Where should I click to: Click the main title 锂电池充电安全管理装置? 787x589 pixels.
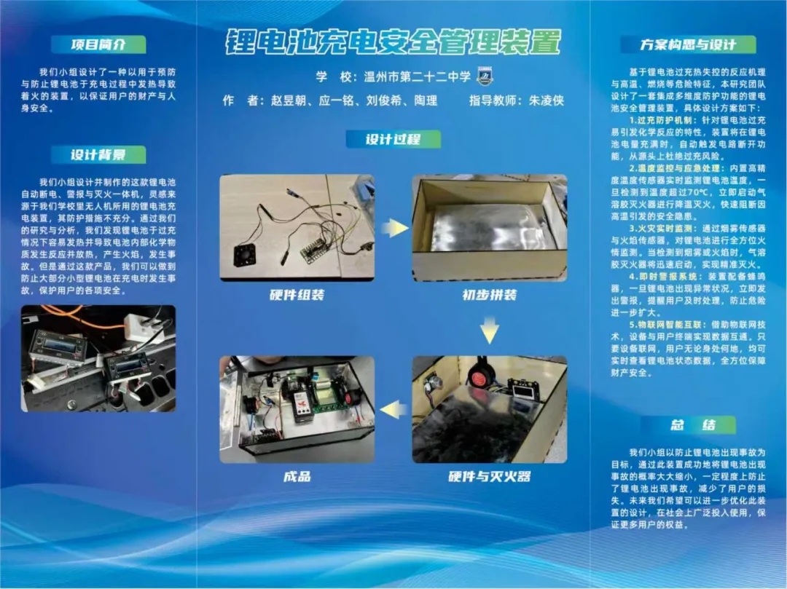tap(393, 41)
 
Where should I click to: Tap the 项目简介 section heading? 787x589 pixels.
tap(98, 44)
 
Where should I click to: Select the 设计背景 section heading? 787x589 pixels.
tap(98, 154)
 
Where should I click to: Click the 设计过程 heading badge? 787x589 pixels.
tap(393, 139)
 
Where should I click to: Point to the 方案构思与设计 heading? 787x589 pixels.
tap(688, 44)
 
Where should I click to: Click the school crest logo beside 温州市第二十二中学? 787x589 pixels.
tap(485, 76)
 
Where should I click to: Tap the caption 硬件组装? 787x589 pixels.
tap(297, 295)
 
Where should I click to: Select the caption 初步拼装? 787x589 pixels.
tap(490, 295)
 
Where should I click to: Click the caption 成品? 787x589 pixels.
tap(297, 476)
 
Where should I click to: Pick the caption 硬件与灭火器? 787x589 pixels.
tap(490, 476)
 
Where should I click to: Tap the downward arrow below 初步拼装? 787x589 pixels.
tap(490, 329)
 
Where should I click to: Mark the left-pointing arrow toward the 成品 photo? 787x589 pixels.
tap(393, 410)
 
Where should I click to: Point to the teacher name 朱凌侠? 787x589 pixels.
tap(547, 100)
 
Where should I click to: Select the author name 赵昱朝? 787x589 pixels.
tap(289, 100)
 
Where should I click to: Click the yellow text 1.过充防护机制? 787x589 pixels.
tap(660, 120)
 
